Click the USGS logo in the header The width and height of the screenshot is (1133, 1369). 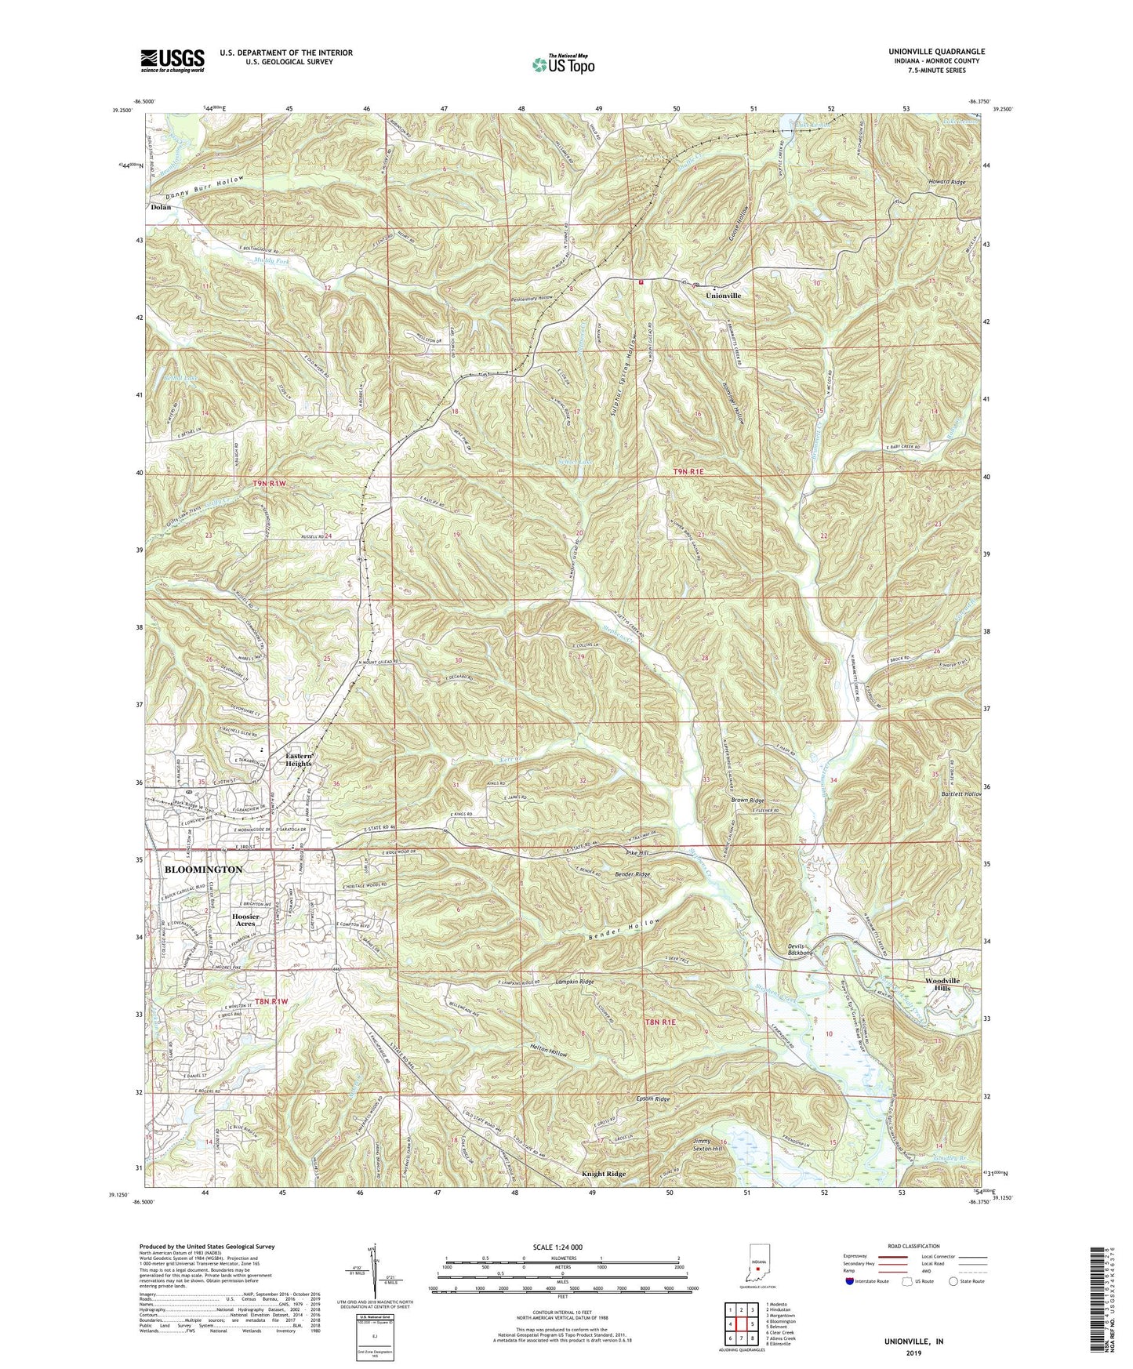(172, 60)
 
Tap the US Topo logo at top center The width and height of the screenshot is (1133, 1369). (562, 64)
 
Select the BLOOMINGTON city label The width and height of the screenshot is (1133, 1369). (204, 870)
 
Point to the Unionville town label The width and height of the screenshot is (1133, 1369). (723, 296)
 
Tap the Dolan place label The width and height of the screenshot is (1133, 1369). (161, 208)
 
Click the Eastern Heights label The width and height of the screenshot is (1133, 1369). (298, 759)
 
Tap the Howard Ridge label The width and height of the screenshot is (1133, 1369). (943, 182)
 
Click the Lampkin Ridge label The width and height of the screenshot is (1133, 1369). (575, 982)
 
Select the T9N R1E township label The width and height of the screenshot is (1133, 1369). (695, 471)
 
